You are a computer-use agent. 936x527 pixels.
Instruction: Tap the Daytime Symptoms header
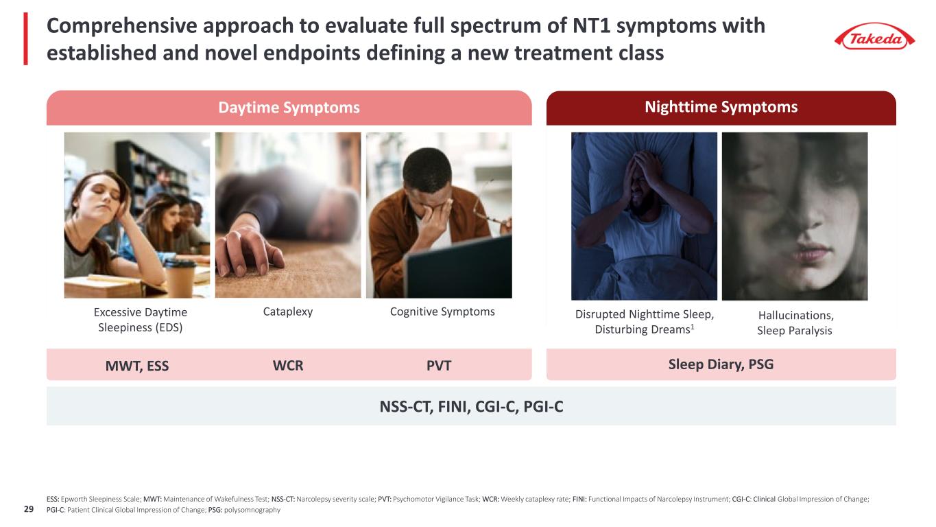(289, 108)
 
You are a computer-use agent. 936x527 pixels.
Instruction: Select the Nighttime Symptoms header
(721, 107)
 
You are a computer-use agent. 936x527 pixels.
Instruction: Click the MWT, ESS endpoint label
(136, 366)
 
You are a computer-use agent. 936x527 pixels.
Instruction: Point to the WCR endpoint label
(288, 366)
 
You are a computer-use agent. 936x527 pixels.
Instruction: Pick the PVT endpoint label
(439, 366)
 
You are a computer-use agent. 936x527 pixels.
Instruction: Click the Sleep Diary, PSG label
(721, 364)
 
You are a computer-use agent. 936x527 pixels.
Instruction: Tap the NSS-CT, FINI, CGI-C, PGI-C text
(471, 406)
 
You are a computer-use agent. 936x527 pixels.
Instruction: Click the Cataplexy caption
(288, 312)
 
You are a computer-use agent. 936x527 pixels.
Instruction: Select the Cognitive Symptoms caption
(442, 312)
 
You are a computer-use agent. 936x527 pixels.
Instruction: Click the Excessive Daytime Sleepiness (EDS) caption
(141, 320)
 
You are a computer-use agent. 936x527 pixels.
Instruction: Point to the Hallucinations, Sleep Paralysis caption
(795, 323)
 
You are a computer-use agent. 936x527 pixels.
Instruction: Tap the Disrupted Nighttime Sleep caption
(645, 322)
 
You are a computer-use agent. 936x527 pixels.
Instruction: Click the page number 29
(29, 509)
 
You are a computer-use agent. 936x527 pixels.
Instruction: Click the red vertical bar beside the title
(26, 38)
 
